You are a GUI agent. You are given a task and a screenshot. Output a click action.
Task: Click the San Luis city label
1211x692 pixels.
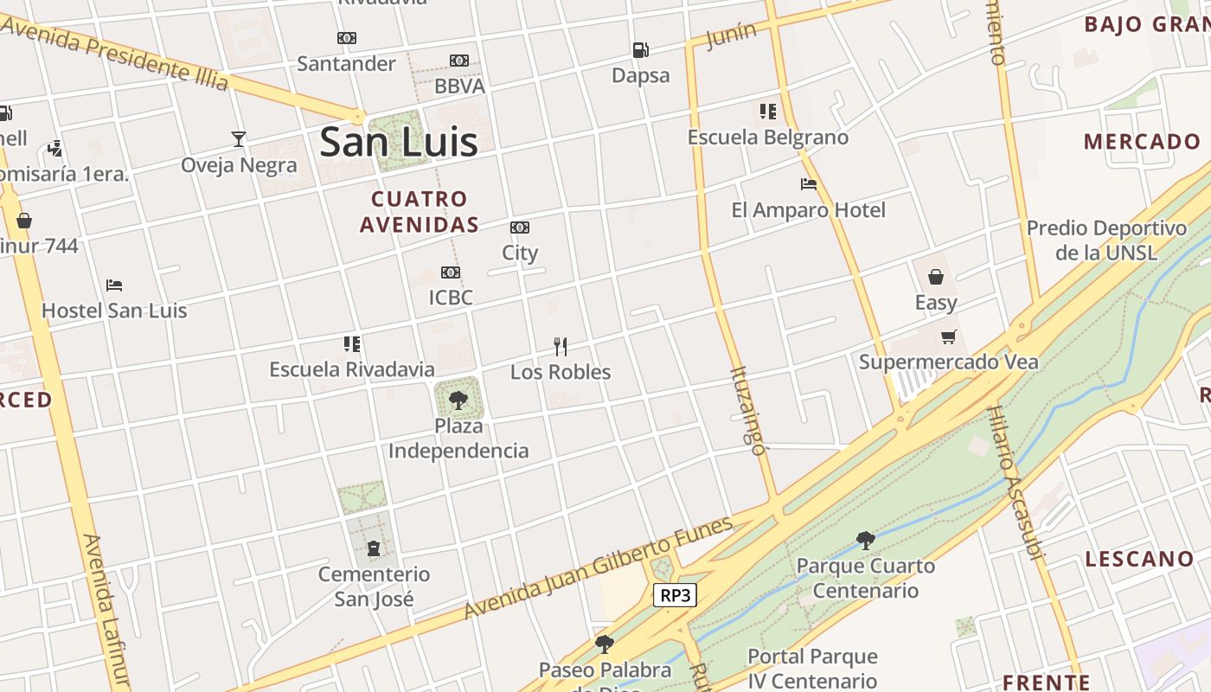click(x=398, y=142)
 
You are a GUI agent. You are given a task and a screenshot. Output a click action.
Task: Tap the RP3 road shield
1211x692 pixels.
click(x=674, y=595)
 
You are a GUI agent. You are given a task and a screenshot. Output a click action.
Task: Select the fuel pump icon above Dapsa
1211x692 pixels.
click(x=640, y=50)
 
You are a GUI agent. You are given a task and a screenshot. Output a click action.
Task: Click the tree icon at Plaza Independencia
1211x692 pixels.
click(x=458, y=400)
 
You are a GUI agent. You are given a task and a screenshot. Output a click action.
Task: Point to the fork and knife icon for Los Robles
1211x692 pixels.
click(x=561, y=347)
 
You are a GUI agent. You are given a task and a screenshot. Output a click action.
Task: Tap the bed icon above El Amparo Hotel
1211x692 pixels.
click(x=809, y=184)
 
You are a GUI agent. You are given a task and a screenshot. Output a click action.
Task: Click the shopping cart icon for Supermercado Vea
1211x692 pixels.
click(x=949, y=336)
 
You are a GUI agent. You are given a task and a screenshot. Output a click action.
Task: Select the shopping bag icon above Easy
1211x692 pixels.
click(x=936, y=277)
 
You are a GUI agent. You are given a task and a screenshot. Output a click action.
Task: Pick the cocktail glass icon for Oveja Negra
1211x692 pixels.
click(x=239, y=138)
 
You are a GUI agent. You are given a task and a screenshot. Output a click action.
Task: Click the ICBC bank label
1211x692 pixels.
click(x=451, y=298)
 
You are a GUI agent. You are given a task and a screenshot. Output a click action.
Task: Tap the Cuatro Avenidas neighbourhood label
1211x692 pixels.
click(x=420, y=212)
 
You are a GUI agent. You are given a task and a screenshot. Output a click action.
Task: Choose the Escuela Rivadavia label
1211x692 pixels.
click(x=352, y=369)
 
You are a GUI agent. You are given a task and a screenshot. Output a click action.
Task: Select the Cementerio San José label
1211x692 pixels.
click(x=374, y=586)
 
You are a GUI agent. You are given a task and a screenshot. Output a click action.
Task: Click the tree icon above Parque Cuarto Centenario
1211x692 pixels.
click(x=865, y=541)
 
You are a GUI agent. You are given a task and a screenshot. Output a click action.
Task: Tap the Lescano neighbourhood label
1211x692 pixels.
click(x=1139, y=559)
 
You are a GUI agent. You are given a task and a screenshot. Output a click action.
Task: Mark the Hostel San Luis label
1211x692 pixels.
click(x=114, y=311)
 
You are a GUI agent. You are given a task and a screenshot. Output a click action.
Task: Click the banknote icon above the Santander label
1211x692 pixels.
click(x=347, y=38)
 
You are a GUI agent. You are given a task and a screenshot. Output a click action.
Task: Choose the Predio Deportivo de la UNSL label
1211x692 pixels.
click(x=1106, y=240)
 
